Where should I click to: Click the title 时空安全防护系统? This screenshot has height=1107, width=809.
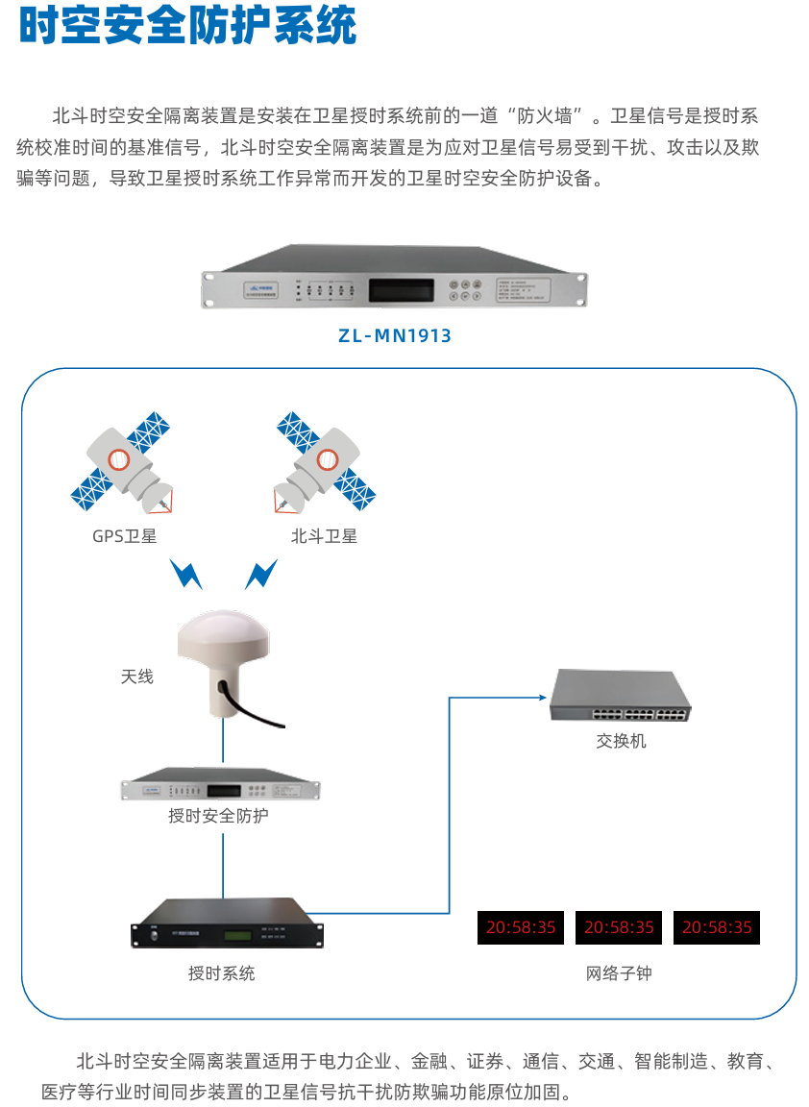(x=187, y=26)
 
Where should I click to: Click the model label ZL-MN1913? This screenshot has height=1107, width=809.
(x=395, y=336)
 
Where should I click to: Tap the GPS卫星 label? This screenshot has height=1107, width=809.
(x=124, y=536)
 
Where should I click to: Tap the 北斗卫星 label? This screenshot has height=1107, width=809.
(x=324, y=536)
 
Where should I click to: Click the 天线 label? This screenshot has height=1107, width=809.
(x=136, y=676)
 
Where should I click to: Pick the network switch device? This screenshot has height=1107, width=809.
(x=621, y=696)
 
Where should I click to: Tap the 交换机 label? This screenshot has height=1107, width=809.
(x=621, y=741)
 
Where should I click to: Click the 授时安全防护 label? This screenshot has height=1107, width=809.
(x=218, y=817)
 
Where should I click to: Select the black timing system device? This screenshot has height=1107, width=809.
(x=227, y=922)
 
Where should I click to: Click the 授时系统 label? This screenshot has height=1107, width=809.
(x=221, y=973)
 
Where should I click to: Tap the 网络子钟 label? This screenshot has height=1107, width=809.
(x=619, y=973)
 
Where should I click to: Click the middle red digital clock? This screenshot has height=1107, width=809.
(x=619, y=927)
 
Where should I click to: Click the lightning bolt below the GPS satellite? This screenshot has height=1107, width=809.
(x=185, y=575)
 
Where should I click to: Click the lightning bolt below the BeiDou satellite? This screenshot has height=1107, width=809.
(x=260, y=575)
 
